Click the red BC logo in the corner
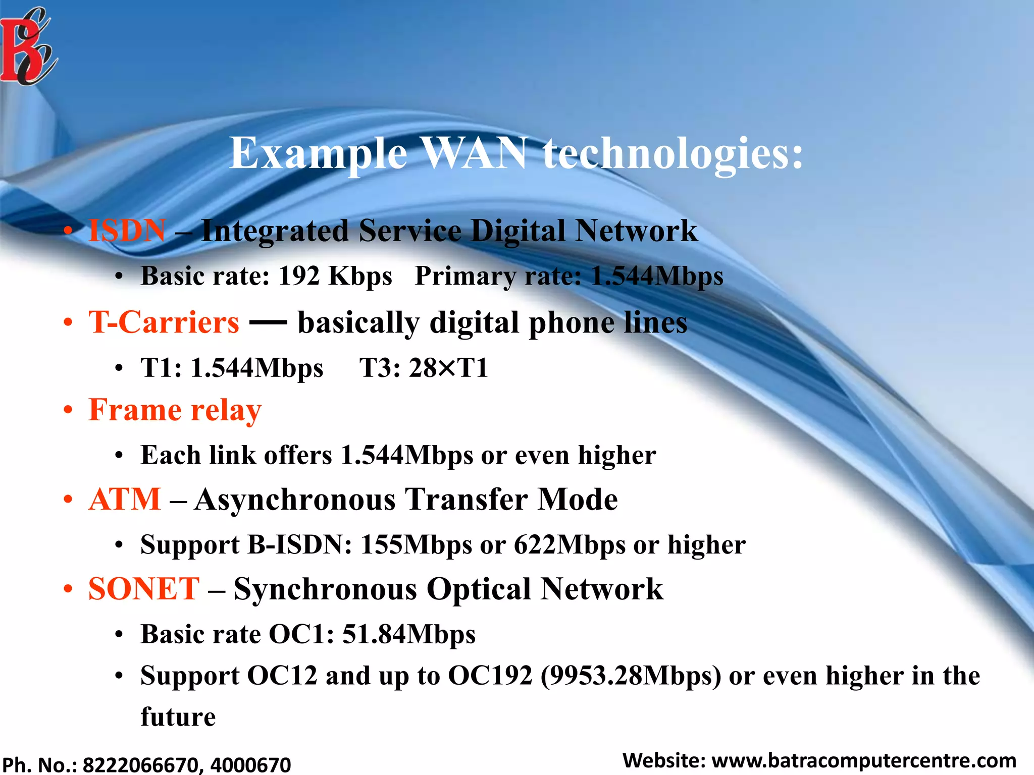click(x=28, y=48)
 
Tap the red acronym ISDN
click(x=127, y=231)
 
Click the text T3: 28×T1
click(x=424, y=367)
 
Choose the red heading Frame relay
click(x=175, y=410)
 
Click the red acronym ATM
click(x=125, y=500)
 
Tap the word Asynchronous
click(x=295, y=500)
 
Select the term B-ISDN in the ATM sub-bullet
click(x=299, y=545)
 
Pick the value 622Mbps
click(x=570, y=545)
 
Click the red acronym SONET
click(x=144, y=589)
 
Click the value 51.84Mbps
click(x=409, y=634)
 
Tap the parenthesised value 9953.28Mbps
click(x=631, y=676)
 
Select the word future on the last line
click(x=178, y=717)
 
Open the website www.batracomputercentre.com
click(x=863, y=760)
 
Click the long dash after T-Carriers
click(x=268, y=321)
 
